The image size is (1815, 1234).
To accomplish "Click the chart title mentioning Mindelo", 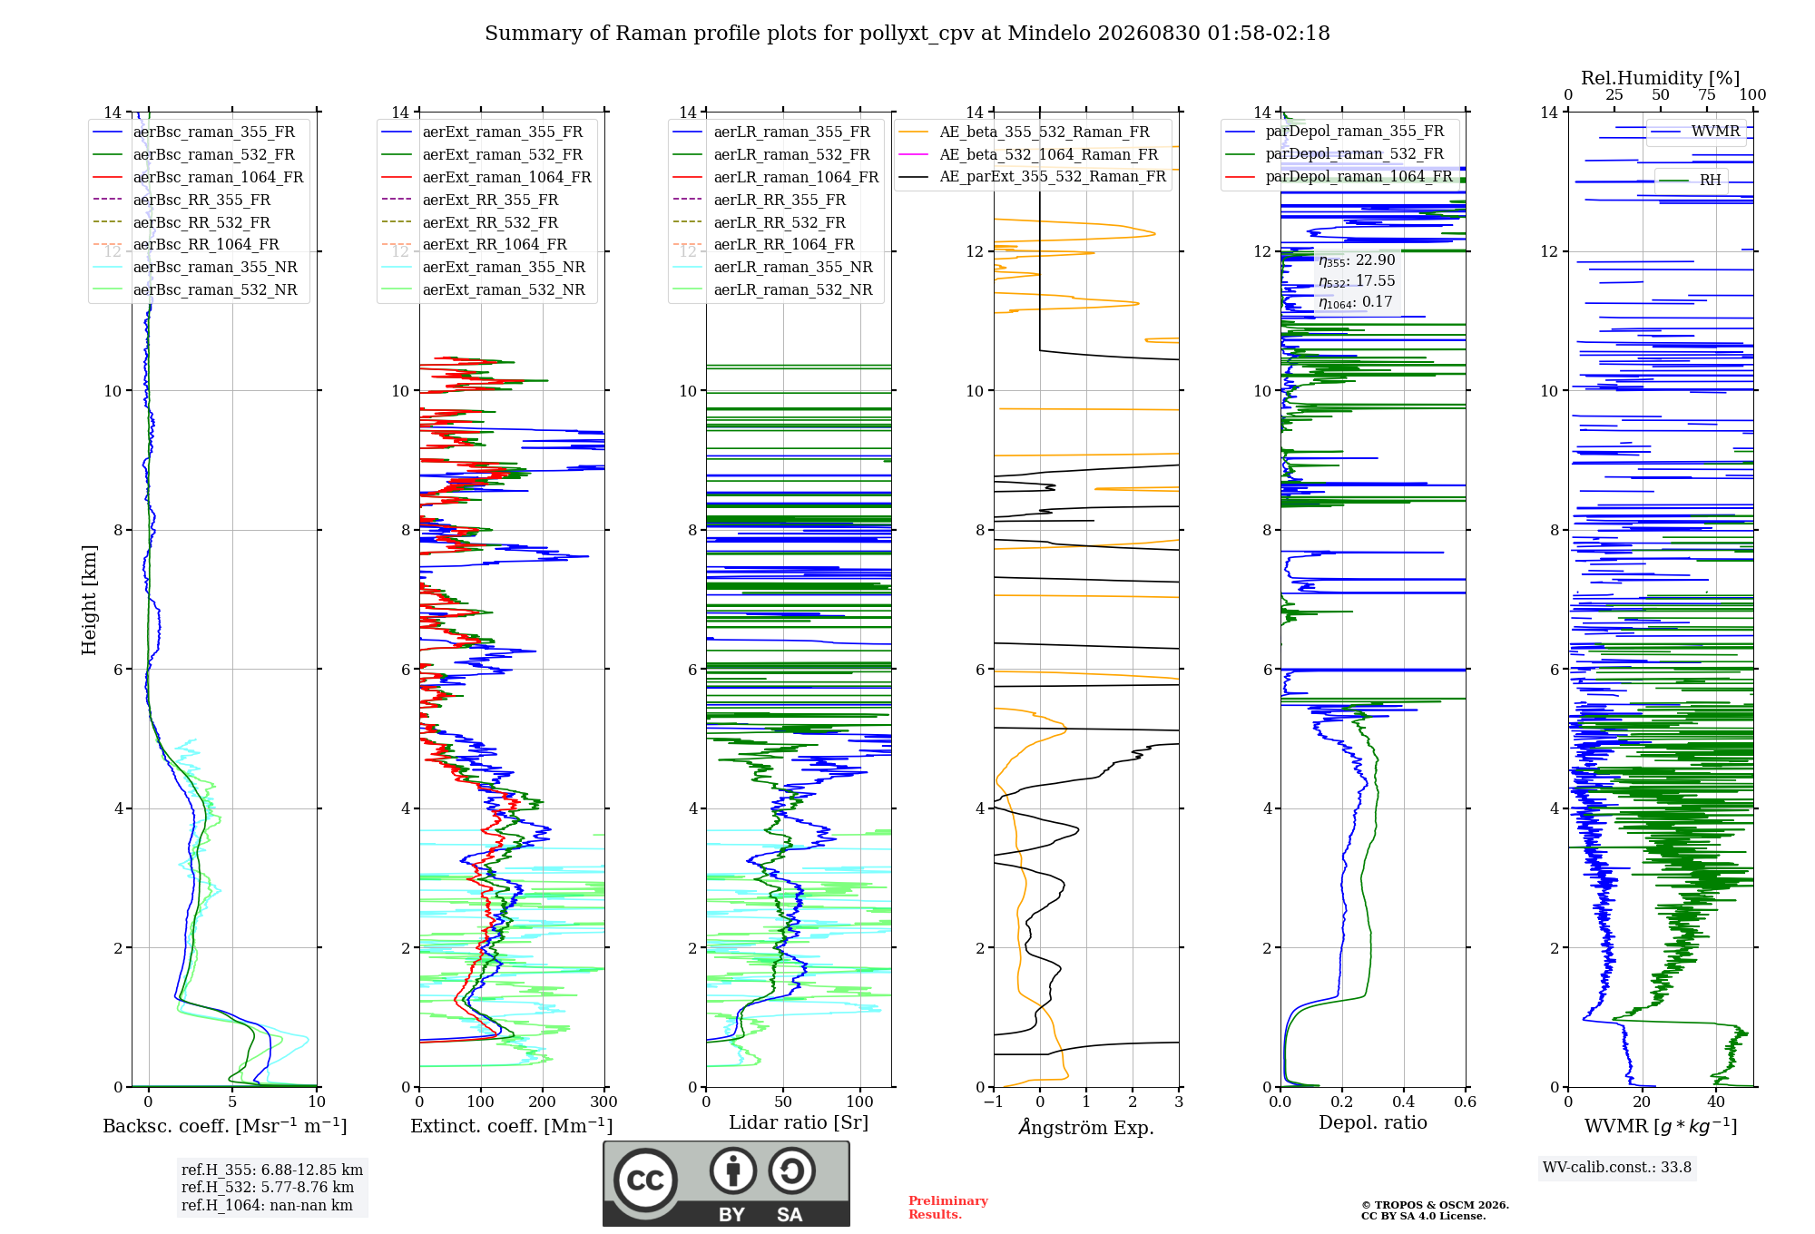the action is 907,34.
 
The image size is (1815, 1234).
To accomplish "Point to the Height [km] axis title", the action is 89,599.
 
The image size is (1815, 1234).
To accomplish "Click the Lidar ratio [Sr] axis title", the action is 799,1122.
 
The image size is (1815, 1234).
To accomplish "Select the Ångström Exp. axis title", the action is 1086,1127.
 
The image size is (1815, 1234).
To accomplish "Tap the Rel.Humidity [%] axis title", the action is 1661,78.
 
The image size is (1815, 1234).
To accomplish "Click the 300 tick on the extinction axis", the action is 604,1102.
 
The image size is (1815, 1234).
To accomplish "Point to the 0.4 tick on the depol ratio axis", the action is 1404,1102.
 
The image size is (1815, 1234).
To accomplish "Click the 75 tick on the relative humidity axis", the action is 1707,94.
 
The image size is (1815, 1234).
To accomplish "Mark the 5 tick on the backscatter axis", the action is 232,1102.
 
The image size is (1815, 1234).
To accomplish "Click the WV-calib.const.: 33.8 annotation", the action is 1617,1167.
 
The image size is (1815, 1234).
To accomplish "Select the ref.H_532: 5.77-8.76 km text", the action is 268,1187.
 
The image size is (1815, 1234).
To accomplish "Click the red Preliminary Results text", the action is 948,1208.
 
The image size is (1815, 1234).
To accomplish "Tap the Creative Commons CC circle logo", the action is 645,1180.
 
